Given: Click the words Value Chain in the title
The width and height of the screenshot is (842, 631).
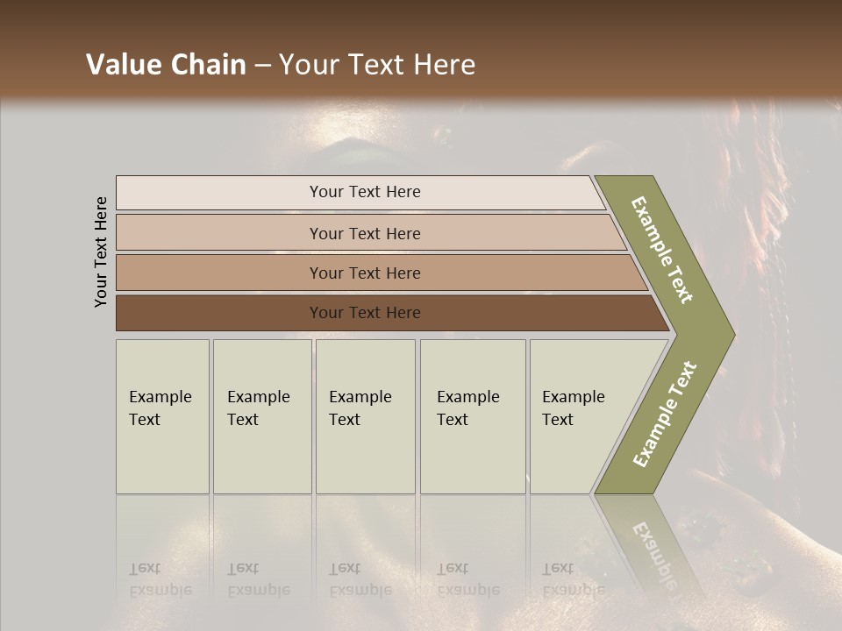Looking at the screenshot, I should coord(166,65).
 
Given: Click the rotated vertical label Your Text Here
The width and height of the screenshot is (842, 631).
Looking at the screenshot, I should coord(101,252).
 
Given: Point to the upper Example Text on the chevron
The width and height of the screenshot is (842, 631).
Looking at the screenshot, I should coord(662,250).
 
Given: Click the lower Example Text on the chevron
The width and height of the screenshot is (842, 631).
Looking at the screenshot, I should coord(664,415).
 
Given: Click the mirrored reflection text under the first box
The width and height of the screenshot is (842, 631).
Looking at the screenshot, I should coord(160,578).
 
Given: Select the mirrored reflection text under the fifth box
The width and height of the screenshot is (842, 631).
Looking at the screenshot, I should coord(573,578).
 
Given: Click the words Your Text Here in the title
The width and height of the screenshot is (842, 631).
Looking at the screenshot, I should coord(377,65).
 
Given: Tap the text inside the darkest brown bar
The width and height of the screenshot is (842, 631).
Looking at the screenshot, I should coord(365,313).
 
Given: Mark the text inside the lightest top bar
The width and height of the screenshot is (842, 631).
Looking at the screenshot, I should coord(365,192).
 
